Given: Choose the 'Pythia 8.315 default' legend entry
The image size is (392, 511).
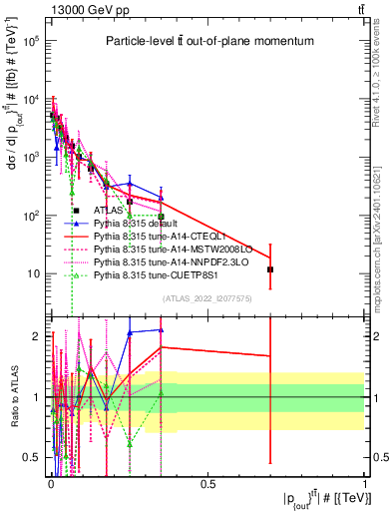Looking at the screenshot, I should [140, 224].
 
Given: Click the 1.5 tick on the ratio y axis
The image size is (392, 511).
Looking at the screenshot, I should [33, 366].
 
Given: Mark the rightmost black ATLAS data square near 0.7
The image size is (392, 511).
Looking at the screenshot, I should [270, 269].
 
